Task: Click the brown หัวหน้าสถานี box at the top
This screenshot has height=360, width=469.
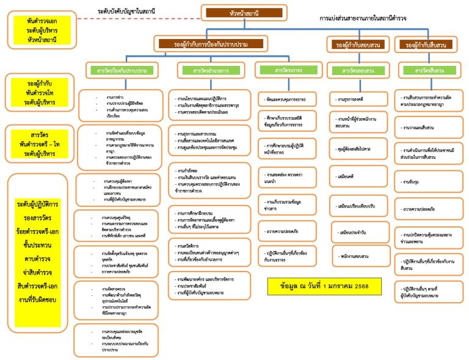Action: (x=244, y=12)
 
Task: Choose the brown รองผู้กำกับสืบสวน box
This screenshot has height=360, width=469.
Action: (x=429, y=45)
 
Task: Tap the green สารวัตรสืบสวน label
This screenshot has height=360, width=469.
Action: (x=429, y=71)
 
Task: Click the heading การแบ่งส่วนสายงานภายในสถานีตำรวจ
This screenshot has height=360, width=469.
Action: (x=363, y=19)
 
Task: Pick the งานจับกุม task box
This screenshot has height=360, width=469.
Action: (x=429, y=182)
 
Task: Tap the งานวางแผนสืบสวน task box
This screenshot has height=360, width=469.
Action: (x=429, y=127)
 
